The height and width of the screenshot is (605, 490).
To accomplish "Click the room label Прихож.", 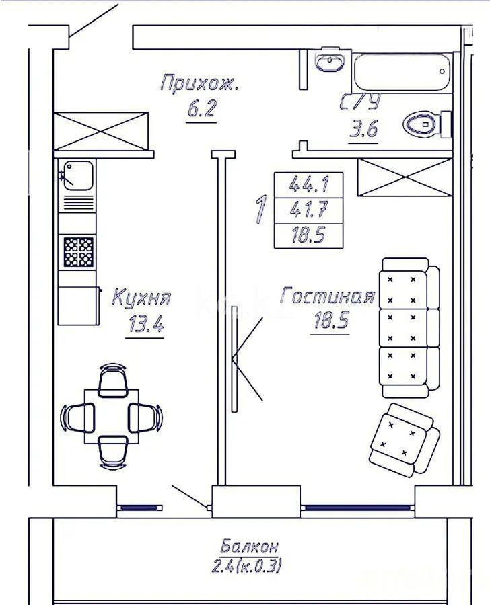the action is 199,83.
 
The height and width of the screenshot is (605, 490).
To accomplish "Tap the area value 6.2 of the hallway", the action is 201,109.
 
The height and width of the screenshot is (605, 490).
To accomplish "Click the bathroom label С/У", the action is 360,102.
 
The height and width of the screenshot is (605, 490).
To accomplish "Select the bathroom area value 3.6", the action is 363,128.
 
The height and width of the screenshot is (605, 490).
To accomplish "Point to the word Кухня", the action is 141,298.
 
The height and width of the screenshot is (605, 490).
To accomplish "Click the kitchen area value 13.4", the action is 145,323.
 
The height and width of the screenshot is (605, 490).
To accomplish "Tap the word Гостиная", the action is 328,296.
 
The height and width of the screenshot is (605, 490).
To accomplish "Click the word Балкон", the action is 250,547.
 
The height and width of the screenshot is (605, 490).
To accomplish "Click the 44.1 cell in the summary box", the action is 309,185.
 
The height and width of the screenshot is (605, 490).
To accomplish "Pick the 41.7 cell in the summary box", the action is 309,210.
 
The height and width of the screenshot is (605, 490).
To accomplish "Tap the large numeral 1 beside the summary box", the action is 261,209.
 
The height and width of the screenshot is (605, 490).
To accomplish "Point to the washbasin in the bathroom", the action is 330,61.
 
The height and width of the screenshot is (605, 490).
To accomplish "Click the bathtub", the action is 403,72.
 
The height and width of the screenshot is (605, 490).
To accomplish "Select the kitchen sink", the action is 77,176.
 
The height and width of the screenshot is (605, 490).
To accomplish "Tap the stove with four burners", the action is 79,252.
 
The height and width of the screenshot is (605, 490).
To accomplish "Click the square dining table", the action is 112,416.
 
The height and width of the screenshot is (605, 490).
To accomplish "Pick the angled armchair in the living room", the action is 405,440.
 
